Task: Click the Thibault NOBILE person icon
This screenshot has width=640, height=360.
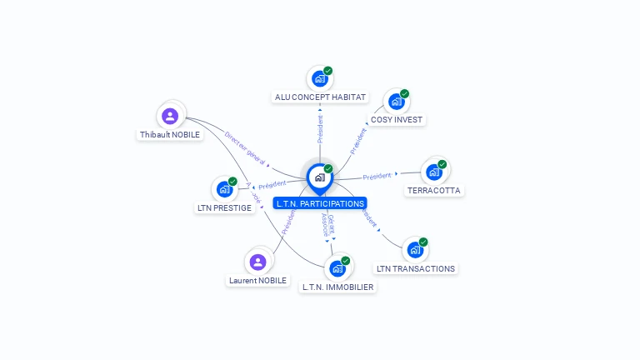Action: tap(171, 116)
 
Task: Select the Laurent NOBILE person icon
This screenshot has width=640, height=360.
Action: tap(258, 262)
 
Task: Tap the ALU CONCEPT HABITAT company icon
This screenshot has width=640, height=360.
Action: tap(319, 79)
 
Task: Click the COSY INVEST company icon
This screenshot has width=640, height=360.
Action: tap(396, 102)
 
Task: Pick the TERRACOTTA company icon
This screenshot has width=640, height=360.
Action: tap(433, 172)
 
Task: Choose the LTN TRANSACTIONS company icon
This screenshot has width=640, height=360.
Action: tap(415, 250)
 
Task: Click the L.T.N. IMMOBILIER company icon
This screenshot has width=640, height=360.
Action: tap(337, 268)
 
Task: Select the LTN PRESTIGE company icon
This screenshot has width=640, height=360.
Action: tap(224, 189)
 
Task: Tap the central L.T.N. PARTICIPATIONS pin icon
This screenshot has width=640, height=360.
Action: tap(319, 177)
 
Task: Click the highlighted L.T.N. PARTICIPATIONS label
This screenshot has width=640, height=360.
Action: tap(320, 203)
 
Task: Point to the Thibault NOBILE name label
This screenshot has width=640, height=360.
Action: tap(170, 134)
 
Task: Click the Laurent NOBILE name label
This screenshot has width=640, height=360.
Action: tap(257, 281)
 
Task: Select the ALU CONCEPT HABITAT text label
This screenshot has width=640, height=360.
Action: tap(320, 97)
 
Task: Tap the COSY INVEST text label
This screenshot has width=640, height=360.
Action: tap(397, 120)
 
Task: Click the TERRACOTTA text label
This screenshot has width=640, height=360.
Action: tap(433, 190)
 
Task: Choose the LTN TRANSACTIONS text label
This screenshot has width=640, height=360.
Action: tap(416, 268)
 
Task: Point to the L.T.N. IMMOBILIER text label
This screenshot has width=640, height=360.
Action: tap(337, 287)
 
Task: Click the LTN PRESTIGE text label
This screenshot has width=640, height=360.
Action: tap(224, 207)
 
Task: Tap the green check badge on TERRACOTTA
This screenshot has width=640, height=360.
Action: tap(442, 164)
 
